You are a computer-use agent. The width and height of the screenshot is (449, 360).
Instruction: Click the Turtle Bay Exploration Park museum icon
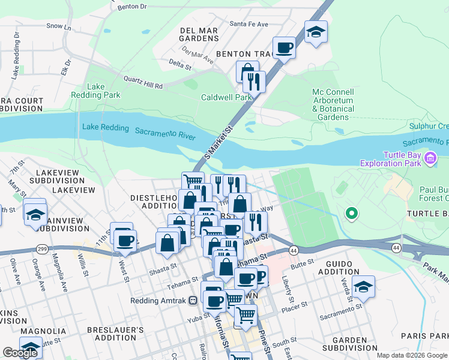pos(430,158)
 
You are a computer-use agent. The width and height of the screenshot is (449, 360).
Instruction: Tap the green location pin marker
pos(352,213)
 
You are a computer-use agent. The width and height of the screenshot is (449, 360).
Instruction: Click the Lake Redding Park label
pos(104,91)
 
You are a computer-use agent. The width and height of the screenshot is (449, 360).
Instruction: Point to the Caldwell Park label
pos(226,97)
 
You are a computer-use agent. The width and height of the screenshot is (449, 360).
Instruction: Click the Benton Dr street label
pos(133,7)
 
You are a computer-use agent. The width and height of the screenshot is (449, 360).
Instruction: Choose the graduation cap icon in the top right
pos(316,32)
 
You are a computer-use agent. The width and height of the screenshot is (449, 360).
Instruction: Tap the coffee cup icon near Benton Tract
pos(284,48)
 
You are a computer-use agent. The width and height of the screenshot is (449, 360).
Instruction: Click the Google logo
pos(20,353)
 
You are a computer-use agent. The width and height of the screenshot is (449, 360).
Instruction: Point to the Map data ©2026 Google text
pos(411,355)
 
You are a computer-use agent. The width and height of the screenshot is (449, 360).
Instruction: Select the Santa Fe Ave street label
pos(249,24)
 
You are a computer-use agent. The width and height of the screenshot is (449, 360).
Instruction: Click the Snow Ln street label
pos(58,27)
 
